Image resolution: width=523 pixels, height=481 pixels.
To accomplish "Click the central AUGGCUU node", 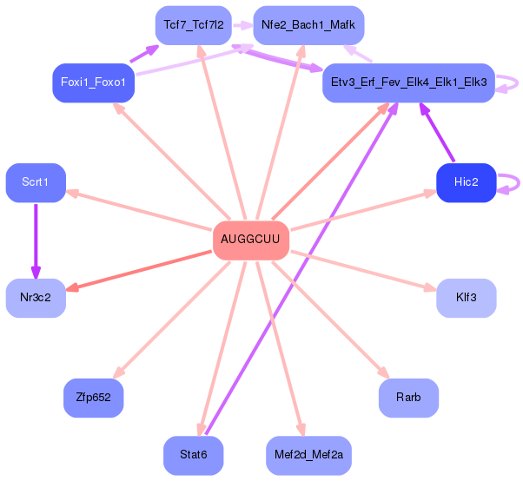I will (x=250, y=239).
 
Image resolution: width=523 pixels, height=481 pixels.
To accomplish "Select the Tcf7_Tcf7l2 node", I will (x=193, y=25).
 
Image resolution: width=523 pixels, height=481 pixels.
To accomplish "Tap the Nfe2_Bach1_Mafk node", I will (x=308, y=25).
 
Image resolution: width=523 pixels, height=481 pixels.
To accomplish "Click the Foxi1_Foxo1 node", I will (x=93, y=82).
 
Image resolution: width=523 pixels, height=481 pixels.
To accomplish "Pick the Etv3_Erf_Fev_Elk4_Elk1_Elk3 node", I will (x=407, y=82).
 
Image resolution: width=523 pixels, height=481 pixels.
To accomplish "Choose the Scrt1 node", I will (x=36, y=181).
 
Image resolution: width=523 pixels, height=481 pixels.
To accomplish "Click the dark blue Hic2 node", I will (x=466, y=181).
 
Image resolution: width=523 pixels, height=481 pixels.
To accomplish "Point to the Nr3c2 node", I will (x=36, y=297).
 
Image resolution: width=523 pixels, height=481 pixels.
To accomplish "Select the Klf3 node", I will (x=466, y=297).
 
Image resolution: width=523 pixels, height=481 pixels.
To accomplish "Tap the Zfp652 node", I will (x=93, y=398).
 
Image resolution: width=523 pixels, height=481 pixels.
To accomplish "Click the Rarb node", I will (x=407, y=398).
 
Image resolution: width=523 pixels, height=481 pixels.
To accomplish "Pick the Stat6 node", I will (x=193, y=454).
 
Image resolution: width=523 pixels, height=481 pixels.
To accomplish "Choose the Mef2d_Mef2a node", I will (x=308, y=454).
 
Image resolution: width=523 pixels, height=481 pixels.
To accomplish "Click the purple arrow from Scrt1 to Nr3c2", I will (x=36, y=239).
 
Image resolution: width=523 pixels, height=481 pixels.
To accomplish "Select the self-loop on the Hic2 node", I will (x=514, y=182).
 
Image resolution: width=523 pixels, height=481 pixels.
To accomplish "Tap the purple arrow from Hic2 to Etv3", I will (x=438, y=134).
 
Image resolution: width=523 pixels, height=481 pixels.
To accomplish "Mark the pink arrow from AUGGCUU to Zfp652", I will (x=174, y=316).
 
